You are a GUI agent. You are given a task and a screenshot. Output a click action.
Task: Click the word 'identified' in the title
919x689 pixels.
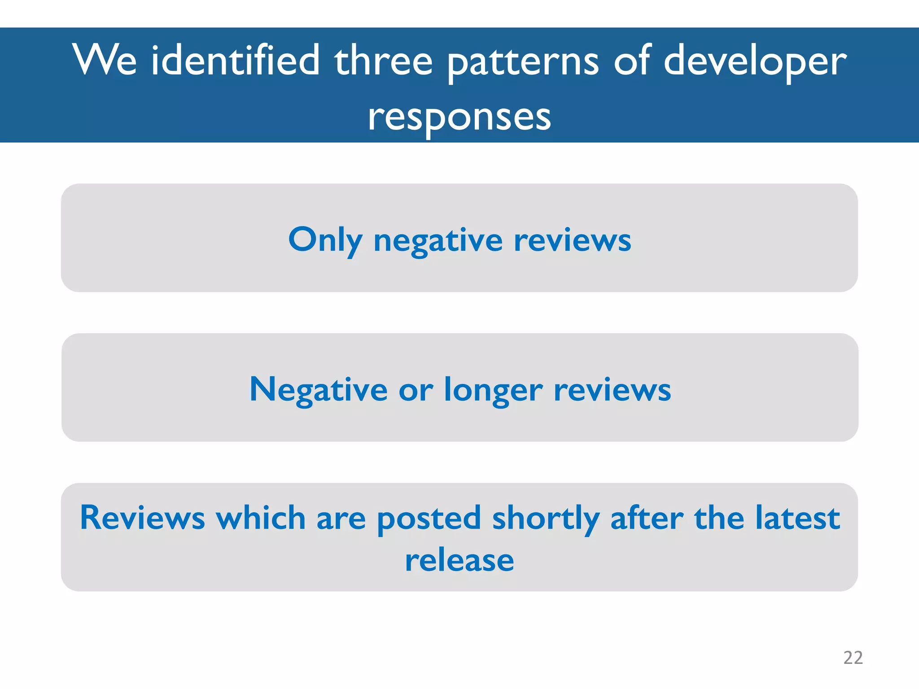[235, 61]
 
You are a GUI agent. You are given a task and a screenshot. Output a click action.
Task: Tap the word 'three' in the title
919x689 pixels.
[383, 61]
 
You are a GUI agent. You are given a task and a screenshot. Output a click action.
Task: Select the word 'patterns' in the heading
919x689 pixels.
[523, 63]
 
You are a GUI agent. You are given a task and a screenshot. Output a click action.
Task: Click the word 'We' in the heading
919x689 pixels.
[105, 61]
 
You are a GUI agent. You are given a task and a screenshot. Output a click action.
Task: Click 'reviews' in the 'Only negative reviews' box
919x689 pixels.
[572, 240]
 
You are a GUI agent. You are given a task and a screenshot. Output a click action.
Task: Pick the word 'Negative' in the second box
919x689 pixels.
[318, 390]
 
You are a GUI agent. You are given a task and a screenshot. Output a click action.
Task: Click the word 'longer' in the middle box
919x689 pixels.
[493, 391]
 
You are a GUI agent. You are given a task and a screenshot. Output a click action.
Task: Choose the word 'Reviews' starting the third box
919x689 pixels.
[142, 518]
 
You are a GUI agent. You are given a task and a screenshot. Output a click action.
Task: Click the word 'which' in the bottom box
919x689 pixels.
[260, 518]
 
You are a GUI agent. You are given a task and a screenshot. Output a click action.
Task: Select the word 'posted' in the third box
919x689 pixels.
[429, 519]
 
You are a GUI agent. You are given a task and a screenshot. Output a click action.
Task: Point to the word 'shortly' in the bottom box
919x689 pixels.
[546, 519]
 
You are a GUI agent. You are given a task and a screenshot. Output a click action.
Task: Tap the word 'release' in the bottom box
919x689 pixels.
[459, 561]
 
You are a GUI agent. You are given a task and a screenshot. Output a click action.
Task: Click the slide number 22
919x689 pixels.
[853, 658]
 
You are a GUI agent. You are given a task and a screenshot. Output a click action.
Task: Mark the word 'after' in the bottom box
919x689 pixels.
[647, 518]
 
